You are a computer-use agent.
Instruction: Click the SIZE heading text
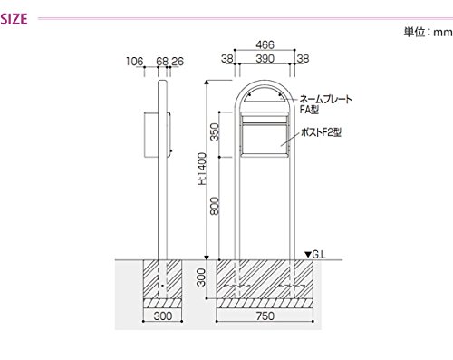pos(14,19)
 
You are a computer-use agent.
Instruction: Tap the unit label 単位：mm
pos(428,32)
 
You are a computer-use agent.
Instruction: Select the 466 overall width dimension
pos(265,44)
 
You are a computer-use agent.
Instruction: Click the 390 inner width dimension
pos(265,58)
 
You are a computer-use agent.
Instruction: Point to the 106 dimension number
pos(134,62)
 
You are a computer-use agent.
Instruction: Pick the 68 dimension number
pos(162,62)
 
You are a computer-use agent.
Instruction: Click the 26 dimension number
pos(178,62)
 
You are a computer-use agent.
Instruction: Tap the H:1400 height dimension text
pos(202,169)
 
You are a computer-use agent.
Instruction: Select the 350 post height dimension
pos(215,131)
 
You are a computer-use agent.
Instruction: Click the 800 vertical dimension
pos(215,206)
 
